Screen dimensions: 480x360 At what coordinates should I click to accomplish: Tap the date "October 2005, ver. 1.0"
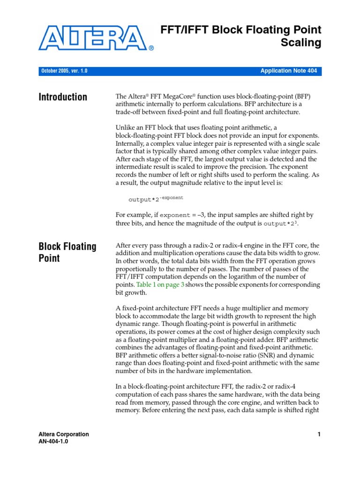click(x=64, y=71)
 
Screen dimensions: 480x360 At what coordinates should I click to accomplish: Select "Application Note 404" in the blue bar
click(x=288, y=71)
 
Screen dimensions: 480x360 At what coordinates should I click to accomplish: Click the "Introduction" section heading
click(x=63, y=97)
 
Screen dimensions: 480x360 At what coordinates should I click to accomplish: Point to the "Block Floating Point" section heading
click(x=67, y=252)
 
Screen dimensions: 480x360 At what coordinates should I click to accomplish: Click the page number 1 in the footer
click(x=319, y=435)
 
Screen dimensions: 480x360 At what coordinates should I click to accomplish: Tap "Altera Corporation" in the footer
click(x=64, y=435)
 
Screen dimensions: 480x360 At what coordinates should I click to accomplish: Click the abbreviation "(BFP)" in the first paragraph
click(x=302, y=96)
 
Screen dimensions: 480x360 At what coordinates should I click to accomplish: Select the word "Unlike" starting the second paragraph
click(x=125, y=128)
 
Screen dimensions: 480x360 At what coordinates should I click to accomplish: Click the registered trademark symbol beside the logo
click(x=151, y=48)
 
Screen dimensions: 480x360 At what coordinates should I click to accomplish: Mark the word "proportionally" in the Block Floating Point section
click(x=139, y=269)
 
